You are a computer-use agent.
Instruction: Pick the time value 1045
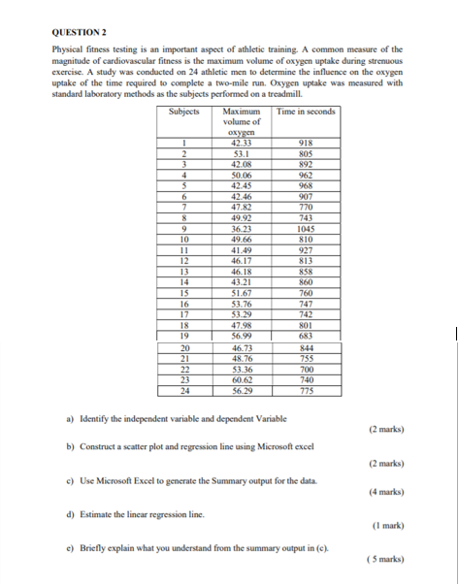click(307, 229)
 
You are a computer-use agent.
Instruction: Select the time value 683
click(307, 335)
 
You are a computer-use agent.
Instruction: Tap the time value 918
click(307, 144)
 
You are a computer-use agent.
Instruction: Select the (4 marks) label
click(387, 491)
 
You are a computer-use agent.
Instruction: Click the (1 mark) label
click(388, 525)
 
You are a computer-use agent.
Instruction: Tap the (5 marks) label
click(387, 560)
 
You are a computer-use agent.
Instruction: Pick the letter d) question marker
click(72, 514)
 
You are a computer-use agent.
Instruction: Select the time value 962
click(307, 176)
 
